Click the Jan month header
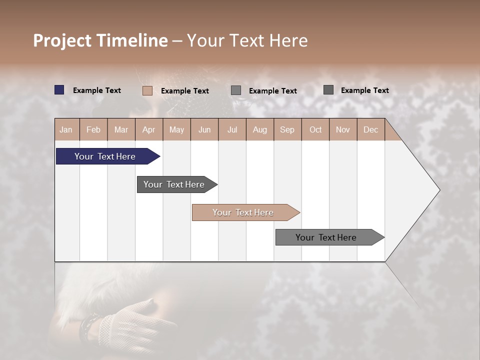66,130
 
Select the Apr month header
148,130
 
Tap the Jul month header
232,130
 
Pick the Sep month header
287,130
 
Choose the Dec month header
370,130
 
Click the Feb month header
93,130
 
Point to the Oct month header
315,130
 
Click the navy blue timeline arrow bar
105,156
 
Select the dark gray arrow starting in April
174,184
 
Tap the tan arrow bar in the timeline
243,212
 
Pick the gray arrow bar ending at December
326,237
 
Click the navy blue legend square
59,90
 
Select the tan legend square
147,90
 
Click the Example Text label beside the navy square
97,90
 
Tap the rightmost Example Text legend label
365,90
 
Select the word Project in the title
61,40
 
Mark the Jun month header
204,130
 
